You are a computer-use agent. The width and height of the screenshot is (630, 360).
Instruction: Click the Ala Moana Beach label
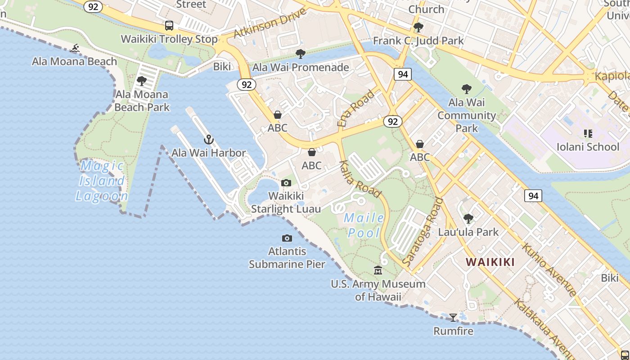coord(74,61)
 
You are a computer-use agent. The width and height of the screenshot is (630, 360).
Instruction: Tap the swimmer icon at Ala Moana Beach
coord(75,48)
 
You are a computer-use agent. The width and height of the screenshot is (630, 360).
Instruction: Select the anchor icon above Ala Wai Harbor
coord(208,139)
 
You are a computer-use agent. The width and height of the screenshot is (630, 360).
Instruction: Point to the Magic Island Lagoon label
coord(102,181)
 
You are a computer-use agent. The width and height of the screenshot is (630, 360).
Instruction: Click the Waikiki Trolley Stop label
coord(169,39)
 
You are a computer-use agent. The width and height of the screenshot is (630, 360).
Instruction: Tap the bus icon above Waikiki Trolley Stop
coord(169,26)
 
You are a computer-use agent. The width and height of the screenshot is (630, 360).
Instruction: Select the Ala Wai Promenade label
coord(301,67)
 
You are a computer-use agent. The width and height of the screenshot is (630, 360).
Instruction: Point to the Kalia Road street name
coord(360,179)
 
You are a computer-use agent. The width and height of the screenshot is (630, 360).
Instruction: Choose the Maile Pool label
coord(364,225)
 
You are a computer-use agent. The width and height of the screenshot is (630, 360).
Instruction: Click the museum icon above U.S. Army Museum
coord(378,270)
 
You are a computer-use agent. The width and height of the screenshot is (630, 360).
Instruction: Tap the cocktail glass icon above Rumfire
coord(453,318)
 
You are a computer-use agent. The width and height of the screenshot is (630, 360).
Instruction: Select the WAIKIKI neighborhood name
coord(490,262)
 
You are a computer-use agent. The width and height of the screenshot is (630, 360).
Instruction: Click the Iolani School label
coord(588,147)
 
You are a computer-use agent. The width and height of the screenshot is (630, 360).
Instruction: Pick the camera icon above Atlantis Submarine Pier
coord(287,238)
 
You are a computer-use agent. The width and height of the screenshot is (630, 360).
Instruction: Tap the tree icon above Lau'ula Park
coord(468,219)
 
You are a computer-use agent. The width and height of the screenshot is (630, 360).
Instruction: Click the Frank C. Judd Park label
coord(418,41)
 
